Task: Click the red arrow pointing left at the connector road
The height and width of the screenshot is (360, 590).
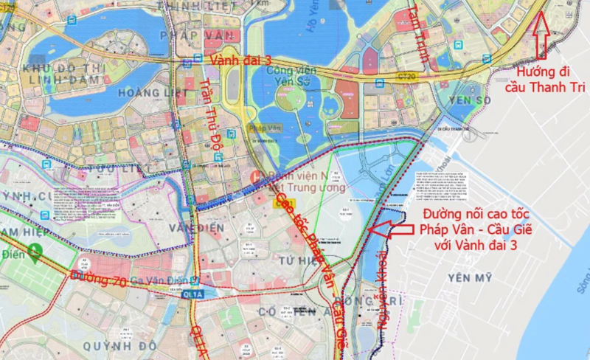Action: [392, 230]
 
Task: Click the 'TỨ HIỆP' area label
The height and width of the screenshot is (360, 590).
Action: [297, 262]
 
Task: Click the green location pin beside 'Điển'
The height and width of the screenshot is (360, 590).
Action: [33, 253]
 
